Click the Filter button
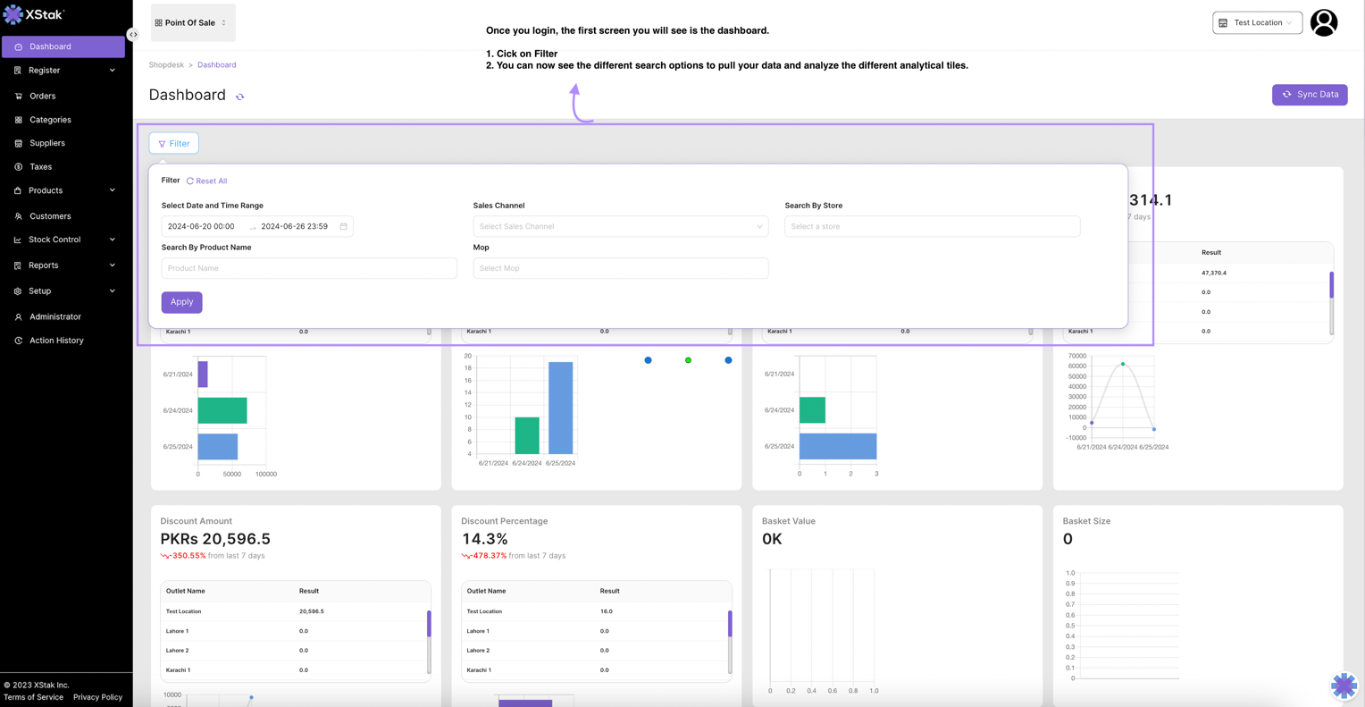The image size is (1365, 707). (174, 143)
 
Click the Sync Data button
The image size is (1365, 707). (1309, 95)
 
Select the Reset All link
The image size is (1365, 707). (207, 181)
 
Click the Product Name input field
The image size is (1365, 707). (308, 268)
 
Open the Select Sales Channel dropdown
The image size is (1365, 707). (620, 226)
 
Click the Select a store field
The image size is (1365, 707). (932, 226)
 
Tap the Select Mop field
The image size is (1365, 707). (620, 268)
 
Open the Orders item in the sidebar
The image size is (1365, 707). (42, 96)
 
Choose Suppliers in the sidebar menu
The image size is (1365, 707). (46, 143)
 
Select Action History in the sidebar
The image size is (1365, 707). (56, 341)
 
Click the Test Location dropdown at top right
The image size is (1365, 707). (1257, 22)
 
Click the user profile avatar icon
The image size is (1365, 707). (1323, 22)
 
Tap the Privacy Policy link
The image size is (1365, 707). (97, 697)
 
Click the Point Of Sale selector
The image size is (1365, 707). (192, 22)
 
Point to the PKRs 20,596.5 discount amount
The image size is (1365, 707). (215, 539)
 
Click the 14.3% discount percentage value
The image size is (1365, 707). (484, 539)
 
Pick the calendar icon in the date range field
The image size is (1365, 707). (343, 226)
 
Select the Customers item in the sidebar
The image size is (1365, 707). (50, 216)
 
